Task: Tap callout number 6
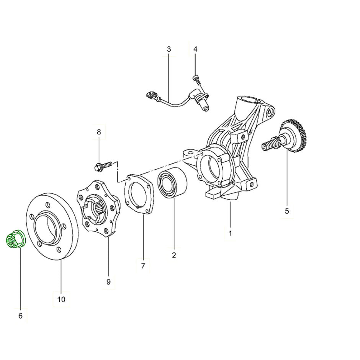pyautogui.click(x=20, y=316)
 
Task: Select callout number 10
pyautogui.click(x=61, y=299)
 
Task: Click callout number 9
pyautogui.click(x=108, y=281)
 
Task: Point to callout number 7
pyautogui.click(x=143, y=266)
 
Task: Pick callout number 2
pyautogui.click(x=174, y=255)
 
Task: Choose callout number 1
pyautogui.click(x=230, y=233)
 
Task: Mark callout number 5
pyautogui.click(x=287, y=211)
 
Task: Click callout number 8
pyautogui.click(x=99, y=132)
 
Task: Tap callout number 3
pyautogui.click(x=169, y=49)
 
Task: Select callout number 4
pyautogui.click(x=195, y=49)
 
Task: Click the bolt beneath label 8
pyautogui.click(x=103, y=166)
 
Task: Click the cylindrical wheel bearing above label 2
pyautogui.click(x=172, y=182)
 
